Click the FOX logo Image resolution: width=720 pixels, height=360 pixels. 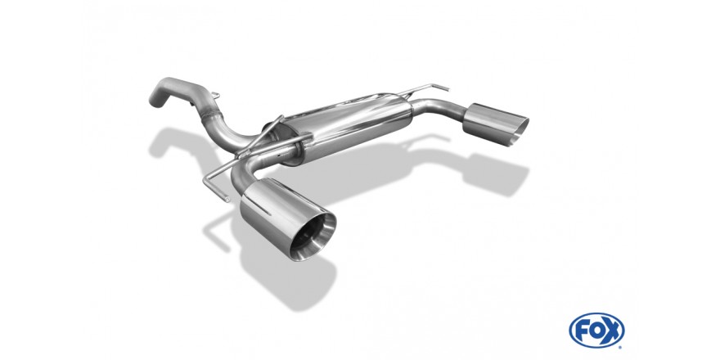[596, 331]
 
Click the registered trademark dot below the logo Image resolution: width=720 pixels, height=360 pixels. [620, 347]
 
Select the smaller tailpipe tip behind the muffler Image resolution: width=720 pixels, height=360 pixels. [496, 124]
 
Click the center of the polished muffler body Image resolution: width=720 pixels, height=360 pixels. [349, 126]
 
